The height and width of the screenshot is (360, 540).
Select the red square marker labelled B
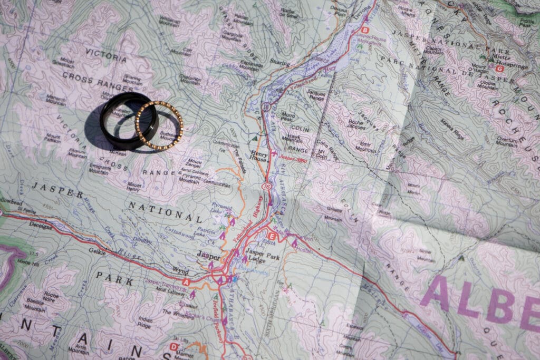tap(365, 31)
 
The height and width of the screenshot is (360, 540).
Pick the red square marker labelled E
tap(272, 236)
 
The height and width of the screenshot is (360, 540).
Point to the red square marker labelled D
tap(174, 346)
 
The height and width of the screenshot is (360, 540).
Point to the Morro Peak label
tap(288, 116)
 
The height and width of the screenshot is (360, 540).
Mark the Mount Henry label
tap(134, 186)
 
